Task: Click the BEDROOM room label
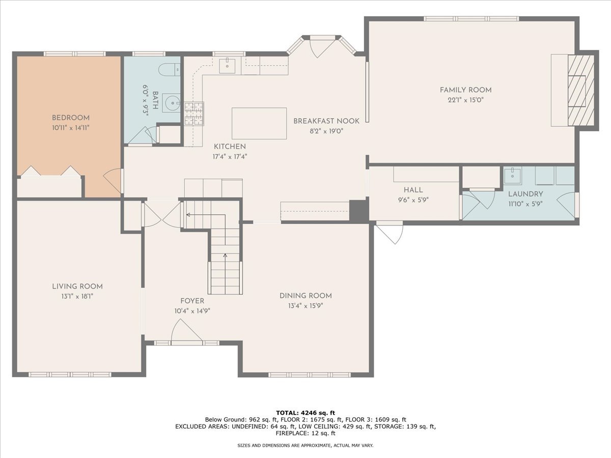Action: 70,118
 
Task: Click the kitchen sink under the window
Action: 227,65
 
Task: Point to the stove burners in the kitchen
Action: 194,113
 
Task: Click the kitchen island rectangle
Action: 259,123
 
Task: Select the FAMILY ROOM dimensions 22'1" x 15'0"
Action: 465,100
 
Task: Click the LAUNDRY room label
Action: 525,194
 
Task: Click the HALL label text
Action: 413,190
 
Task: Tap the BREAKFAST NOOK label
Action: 326,121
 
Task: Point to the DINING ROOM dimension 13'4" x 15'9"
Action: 305,306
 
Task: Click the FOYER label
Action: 192,301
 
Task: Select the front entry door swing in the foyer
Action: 187,335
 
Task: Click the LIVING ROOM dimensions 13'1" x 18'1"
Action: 77,296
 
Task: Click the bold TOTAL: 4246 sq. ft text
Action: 305,412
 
